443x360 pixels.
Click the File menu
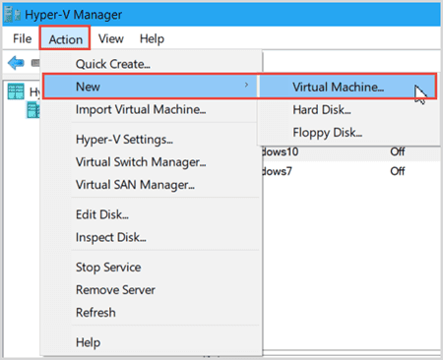(x=23, y=38)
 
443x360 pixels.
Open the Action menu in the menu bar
(x=66, y=39)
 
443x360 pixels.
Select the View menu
(x=111, y=38)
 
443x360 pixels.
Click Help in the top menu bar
(x=152, y=38)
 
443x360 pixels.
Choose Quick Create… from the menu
(x=113, y=64)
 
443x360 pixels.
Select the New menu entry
(x=88, y=87)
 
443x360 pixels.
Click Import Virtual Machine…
(x=141, y=109)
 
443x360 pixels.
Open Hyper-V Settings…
(x=124, y=140)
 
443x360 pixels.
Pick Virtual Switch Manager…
(x=141, y=162)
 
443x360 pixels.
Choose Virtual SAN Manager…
(x=135, y=185)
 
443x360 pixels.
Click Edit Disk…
(x=102, y=214)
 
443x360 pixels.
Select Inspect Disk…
(x=111, y=237)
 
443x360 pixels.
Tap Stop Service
(x=108, y=268)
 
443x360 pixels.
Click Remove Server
(x=115, y=290)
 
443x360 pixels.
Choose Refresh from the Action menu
(x=95, y=313)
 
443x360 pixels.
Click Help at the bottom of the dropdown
(x=89, y=342)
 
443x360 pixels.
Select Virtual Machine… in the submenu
(x=339, y=87)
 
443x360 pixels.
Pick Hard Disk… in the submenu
(x=322, y=109)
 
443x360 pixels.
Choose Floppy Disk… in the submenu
(x=328, y=133)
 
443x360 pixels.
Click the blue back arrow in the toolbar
(x=16, y=62)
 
